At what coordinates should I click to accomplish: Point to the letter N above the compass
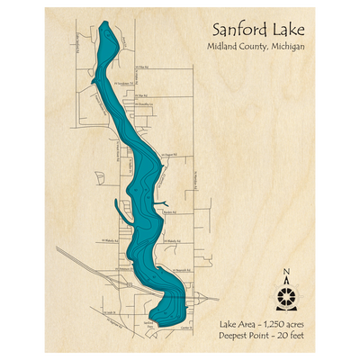point(286,273)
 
